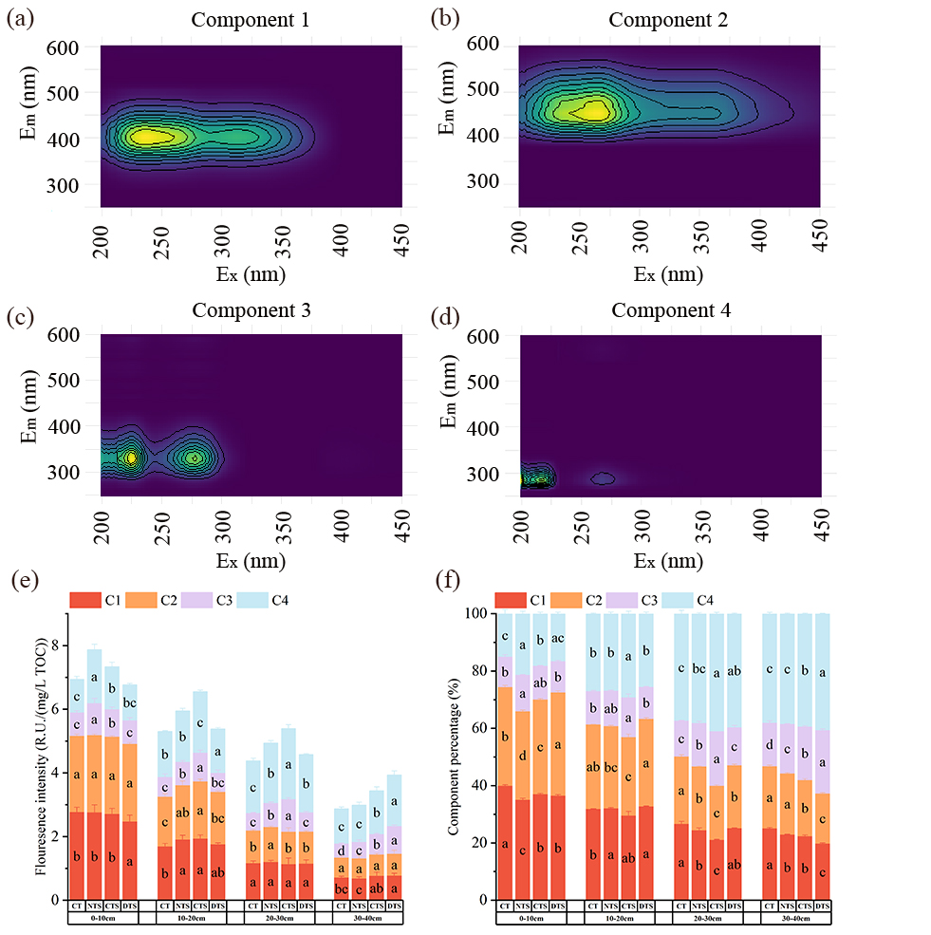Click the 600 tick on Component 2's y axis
[483, 44]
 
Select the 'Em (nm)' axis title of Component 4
[453, 405]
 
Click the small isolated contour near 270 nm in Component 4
[604, 478]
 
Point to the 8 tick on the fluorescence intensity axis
[58, 646]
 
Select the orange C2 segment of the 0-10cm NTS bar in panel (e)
[94, 774]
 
